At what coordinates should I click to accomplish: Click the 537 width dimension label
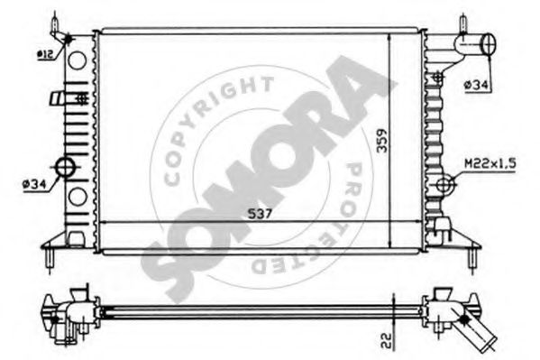coord(260,214)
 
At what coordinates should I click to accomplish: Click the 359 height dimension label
coord(381,141)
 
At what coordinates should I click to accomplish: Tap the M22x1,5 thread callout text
coord(490,163)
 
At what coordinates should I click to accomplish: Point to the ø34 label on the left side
coord(34,185)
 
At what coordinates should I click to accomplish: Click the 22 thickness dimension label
coord(388,340)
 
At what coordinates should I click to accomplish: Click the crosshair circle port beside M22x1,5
coord(444,184)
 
